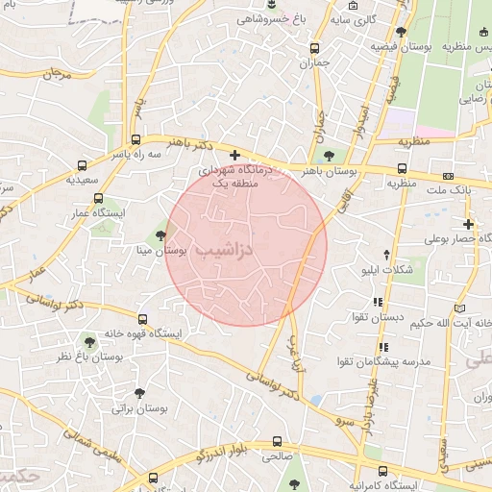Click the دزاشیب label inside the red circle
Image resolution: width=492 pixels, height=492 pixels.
tap(223, 249)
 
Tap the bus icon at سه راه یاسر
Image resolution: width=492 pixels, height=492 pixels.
tap(135, 138)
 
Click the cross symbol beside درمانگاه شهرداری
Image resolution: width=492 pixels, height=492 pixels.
tap(234, 155)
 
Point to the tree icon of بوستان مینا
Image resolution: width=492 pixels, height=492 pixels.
tap(160, 235)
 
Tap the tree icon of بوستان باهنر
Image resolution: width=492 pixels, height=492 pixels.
tap(330, 154)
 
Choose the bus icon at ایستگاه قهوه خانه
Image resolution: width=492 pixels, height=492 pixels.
tap(142, 319)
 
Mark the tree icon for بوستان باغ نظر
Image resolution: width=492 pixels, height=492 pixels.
tap(89, 341)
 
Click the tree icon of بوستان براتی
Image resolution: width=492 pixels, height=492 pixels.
tap(140, 393)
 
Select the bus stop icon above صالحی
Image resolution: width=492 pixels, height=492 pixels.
tap(277, 441)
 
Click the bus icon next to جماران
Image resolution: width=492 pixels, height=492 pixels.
tap(314, 48)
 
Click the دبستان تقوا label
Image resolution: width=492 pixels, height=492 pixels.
tap(408, 316)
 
